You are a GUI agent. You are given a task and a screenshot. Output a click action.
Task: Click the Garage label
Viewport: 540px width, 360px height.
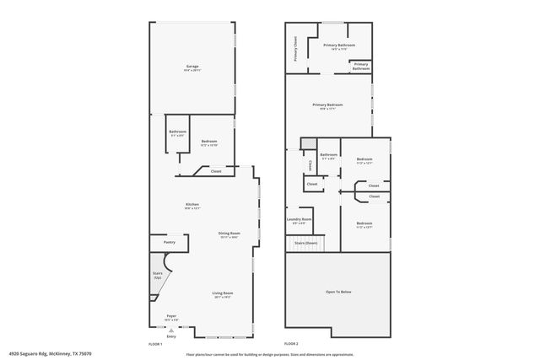[x=192, y=67]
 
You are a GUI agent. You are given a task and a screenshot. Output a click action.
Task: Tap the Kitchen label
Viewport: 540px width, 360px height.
[x=192, y=205]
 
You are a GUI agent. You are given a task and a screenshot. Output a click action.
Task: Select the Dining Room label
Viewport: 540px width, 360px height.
[x=229, y=233]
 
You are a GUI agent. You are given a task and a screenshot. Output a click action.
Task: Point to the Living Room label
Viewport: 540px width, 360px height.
[x=223, y=293]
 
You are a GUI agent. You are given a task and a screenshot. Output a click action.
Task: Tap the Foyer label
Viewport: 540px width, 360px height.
[x=172, y=317]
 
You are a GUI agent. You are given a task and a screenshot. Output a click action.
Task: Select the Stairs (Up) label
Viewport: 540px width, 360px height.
[x=158, y=275]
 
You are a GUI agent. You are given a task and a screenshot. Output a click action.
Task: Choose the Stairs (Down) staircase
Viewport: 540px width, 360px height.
[x=305, y=242]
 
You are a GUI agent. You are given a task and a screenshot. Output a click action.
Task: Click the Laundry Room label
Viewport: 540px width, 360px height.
[x=300, y=219]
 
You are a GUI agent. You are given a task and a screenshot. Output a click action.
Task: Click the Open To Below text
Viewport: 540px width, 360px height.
[x=337, y=292]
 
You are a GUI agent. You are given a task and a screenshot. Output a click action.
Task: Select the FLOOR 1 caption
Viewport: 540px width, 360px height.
[x=155, y=344]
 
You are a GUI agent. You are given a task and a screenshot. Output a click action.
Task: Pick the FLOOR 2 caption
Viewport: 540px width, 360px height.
[x=291, y=344]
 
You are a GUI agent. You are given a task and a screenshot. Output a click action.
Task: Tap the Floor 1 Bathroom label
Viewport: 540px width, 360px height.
[x=177, y=132]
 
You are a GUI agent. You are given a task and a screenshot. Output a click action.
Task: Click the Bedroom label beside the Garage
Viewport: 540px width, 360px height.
[x=209, y=142]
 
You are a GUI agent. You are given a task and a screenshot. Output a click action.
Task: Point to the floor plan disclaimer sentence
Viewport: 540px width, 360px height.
[x=268, y=354]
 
